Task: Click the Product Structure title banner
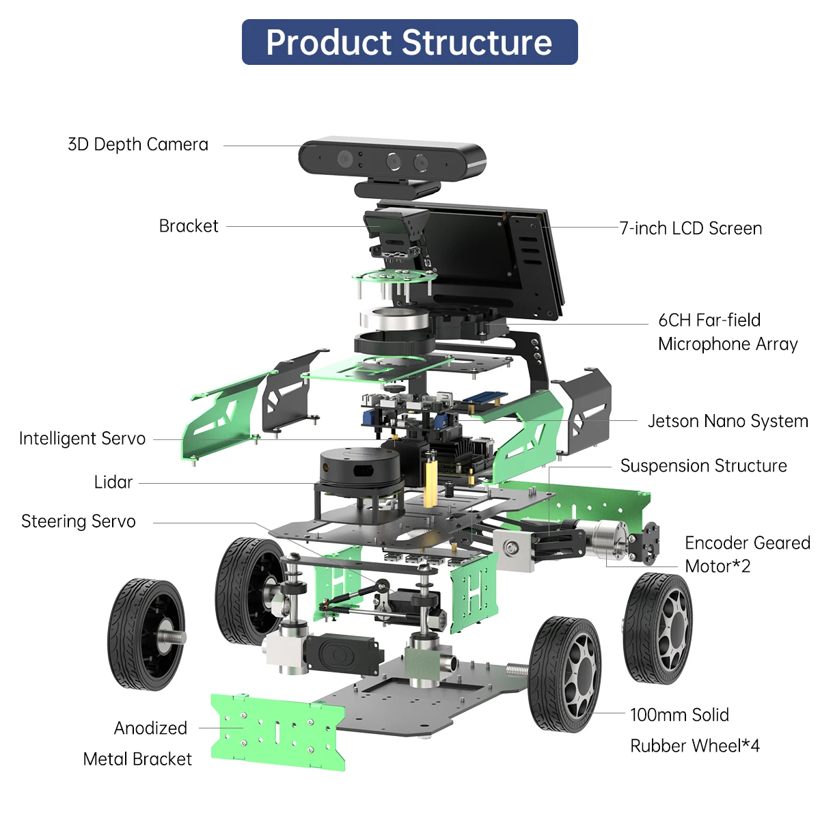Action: pyautogui.click(x=409, y=42)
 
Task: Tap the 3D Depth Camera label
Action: pyautogui.click(x=137, y=145)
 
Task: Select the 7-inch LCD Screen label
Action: pyautogui.click(x=690, y=228)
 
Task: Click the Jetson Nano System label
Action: pyautogui.click(x=727, y=421)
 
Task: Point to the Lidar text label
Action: pyautogui.click(x=113, y=482)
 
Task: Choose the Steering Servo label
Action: pyautogui.click(x=79, y=522)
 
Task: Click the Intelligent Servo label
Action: pyautogui.click(x=82, y=439)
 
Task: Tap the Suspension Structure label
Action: pyautogui.click(x=703, y=466)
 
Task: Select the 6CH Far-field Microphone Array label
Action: pyautogui.click(x=727, y=332)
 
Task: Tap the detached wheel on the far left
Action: pyautogui.click(x=146, y=634)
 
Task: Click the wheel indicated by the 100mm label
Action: pyautogui.click(x=564, y=674)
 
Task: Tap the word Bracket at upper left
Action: pyautogui.click(x=188, y=226)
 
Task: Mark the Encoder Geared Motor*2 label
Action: pyautogui.click(x=746, y=554)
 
